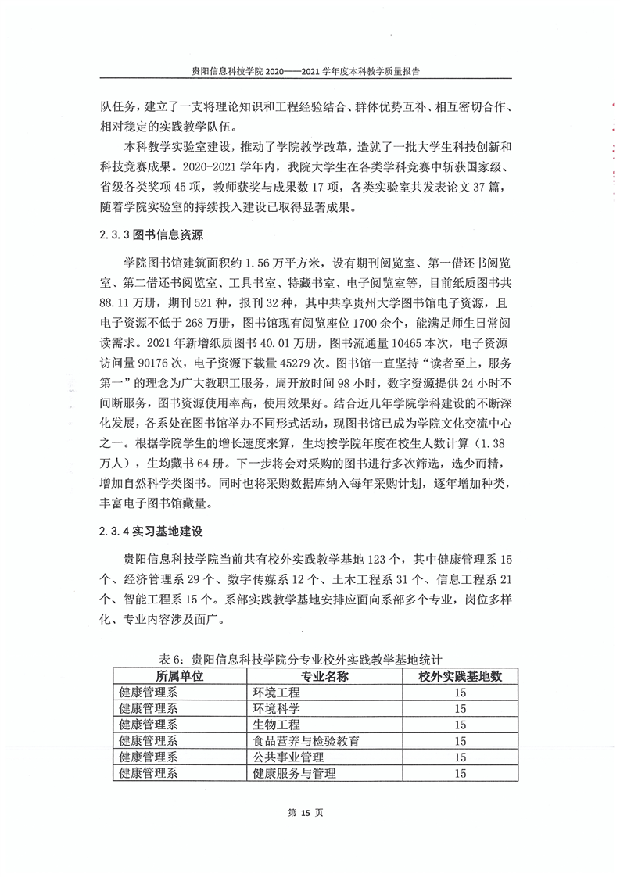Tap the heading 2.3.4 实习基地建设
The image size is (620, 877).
pos(151,532)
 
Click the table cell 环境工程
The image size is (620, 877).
pos(275,693)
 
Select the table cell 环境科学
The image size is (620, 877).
pos(275,709)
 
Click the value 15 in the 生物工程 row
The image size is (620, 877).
pos(460,725)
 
